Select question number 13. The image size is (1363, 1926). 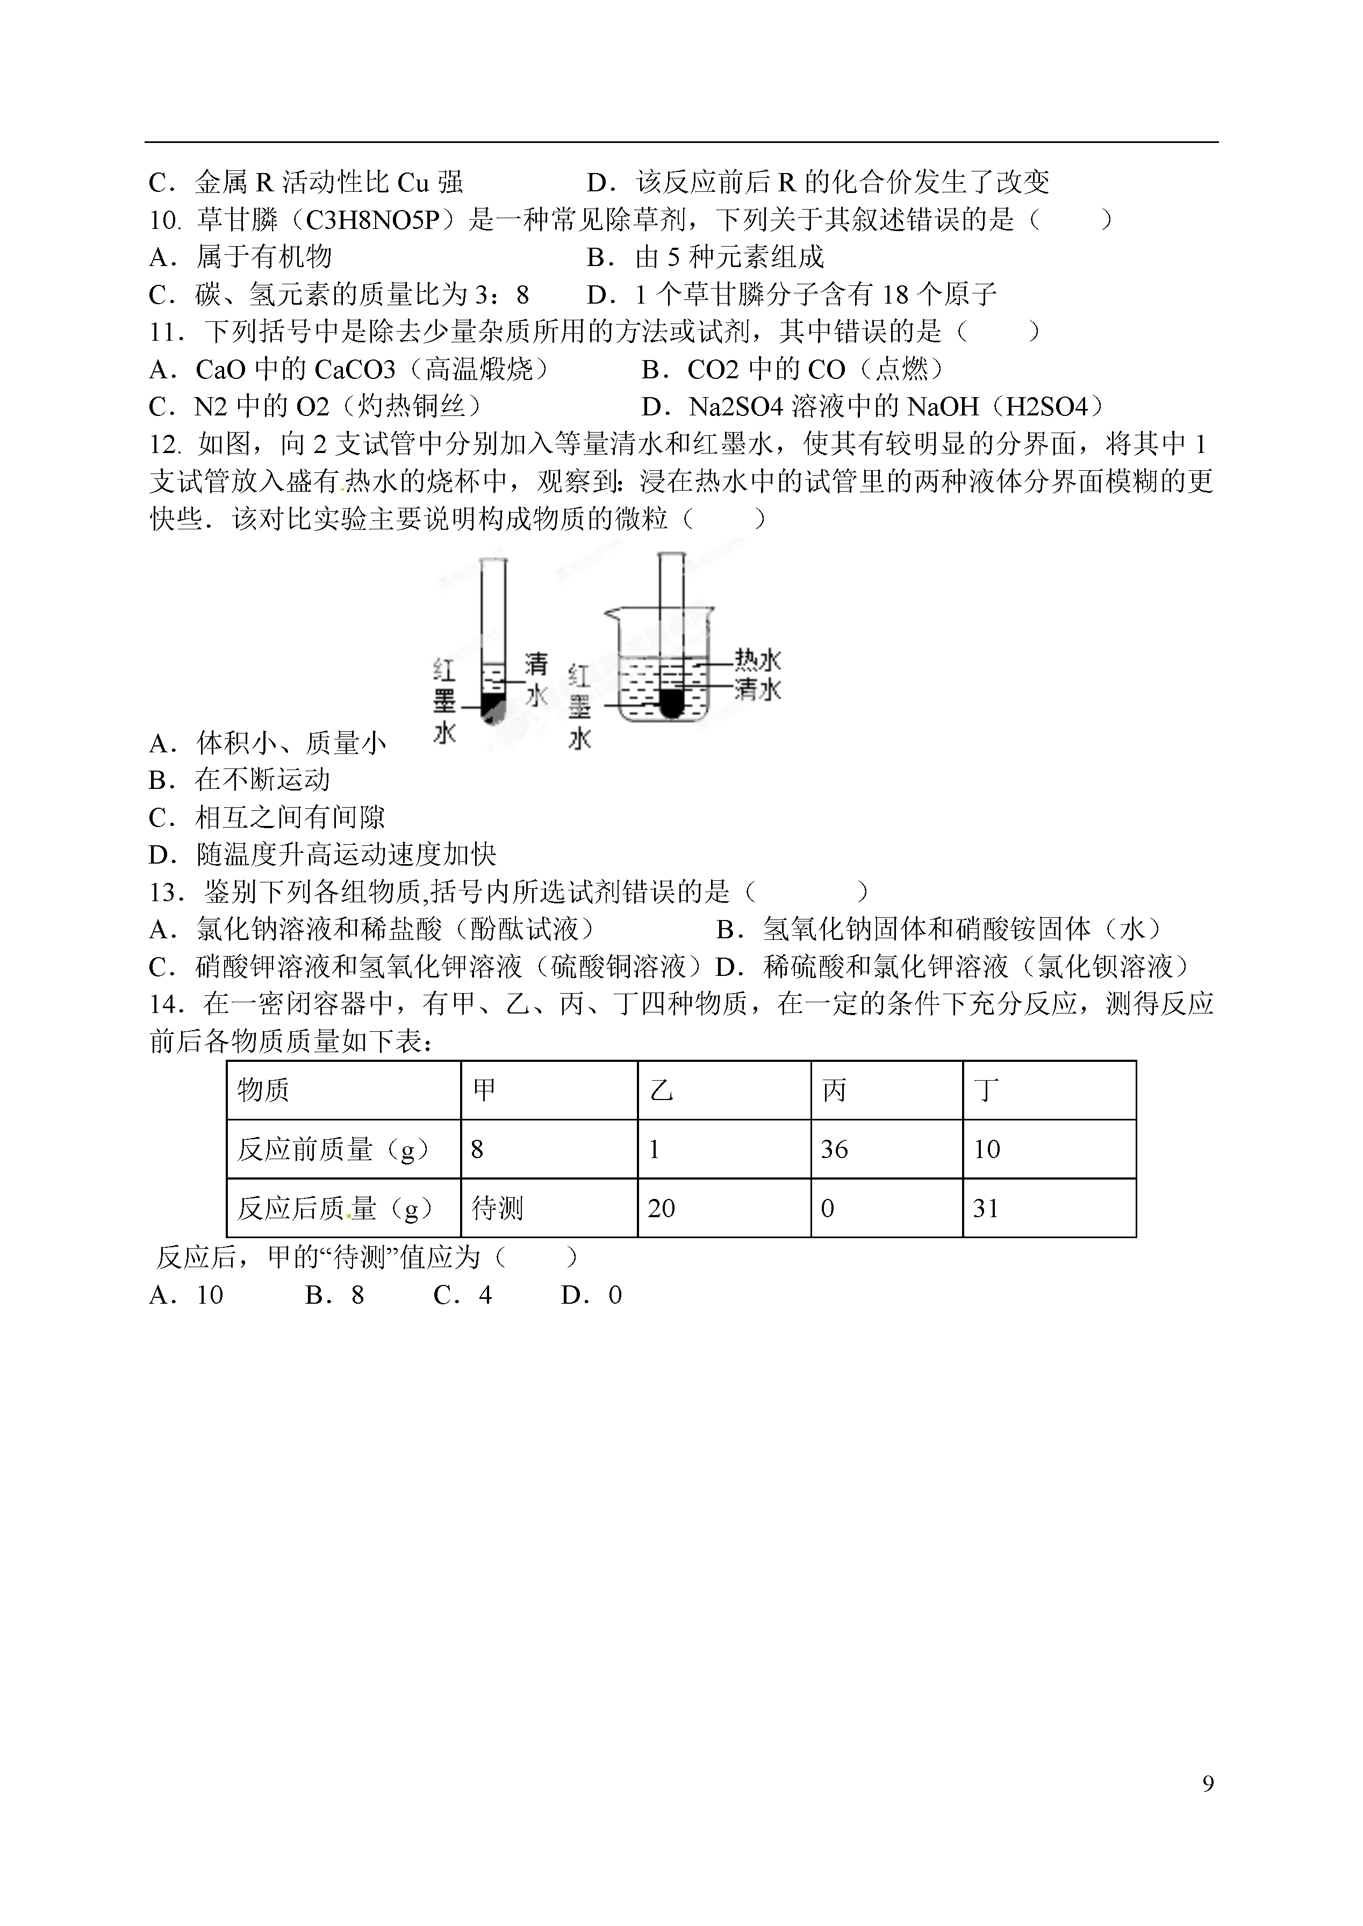click(x=166, y=892)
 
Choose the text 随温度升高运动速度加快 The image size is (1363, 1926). click(x=346, y=854)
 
